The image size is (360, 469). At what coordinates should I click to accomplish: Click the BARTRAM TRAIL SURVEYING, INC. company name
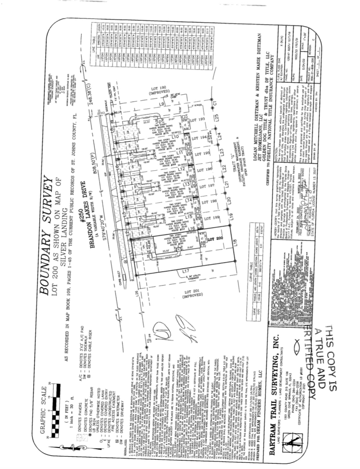(265, 375)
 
